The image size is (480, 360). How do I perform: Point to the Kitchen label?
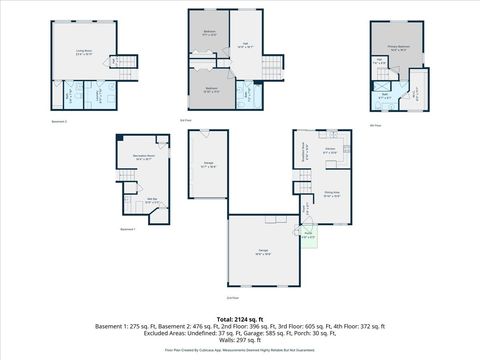pos(329,152)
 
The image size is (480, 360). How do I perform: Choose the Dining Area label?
pos(333,195)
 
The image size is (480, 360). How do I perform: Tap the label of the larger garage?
pos(263,251)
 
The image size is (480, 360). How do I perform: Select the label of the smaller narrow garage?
pos(208,166)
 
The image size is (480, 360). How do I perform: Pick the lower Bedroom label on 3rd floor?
pos(212,90)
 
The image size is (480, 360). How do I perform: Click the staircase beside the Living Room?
pos(120,62)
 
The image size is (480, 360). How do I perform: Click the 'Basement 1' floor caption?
pos(127,229)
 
